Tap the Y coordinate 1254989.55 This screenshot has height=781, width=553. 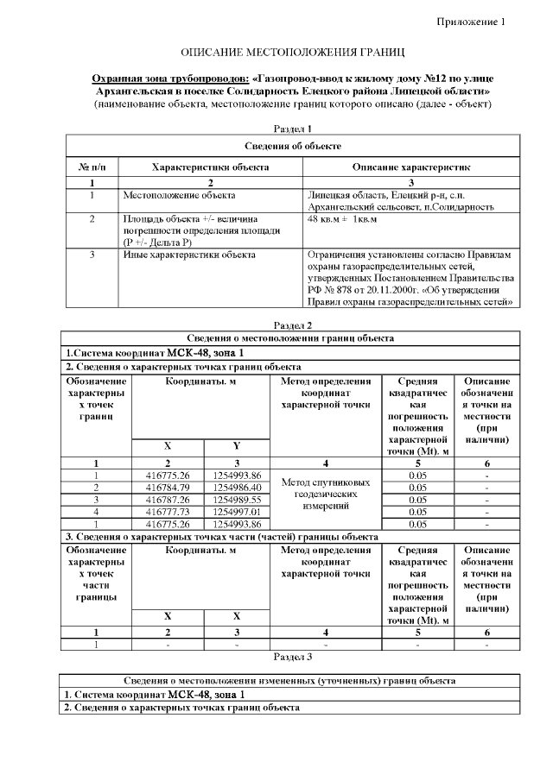237,499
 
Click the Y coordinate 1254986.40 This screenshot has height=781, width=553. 237,487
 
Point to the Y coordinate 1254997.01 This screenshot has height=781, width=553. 237,511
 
